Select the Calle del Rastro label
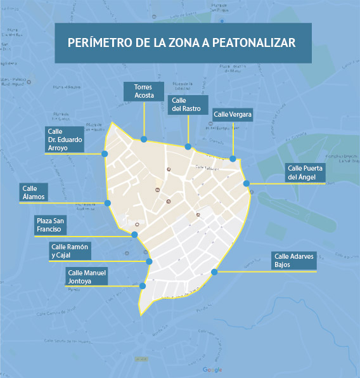(190, 104)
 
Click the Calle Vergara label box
(233, 114)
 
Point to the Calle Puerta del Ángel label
(305, 173)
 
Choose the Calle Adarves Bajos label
(293, 261)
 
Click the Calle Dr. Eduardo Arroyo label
(65, 140)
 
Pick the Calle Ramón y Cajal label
(70, 251)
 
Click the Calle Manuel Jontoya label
(87, 277)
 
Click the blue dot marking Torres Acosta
(145, 139)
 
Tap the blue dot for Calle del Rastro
(188, 147)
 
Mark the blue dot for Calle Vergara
(233, 159)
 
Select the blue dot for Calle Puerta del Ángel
(247, 183)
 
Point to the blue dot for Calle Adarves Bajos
(214, 272)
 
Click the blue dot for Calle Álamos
(108, 203)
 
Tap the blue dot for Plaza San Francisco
(134, 235)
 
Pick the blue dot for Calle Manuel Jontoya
(143, 286)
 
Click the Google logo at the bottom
(212, 370)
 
